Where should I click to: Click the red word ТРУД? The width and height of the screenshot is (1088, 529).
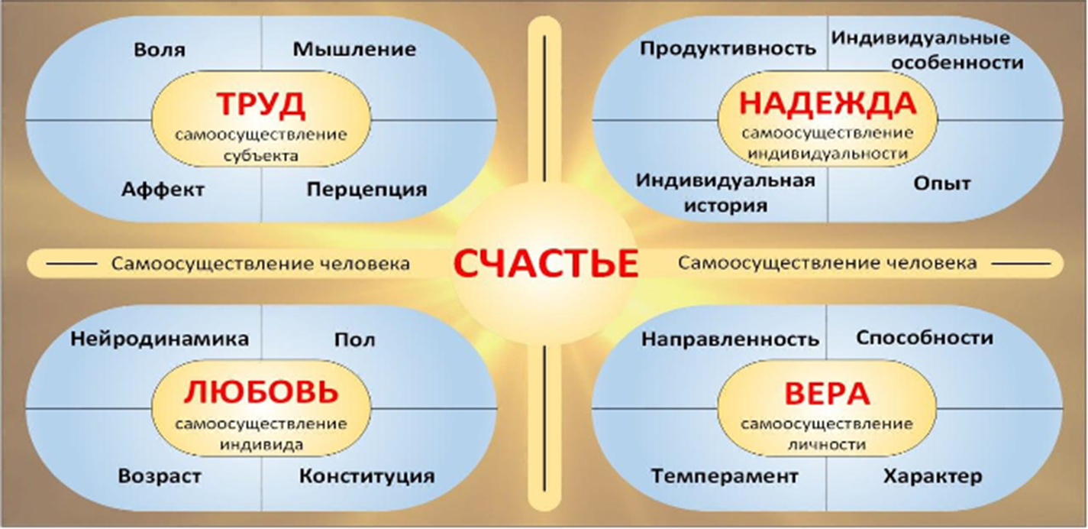click(x=261, y=105)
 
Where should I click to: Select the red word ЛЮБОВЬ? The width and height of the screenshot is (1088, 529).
click(x=261, y=392)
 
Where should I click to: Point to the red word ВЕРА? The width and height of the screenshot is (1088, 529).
click(x=827, y=394)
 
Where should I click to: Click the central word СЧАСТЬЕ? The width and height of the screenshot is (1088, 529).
click(x=545, y=264)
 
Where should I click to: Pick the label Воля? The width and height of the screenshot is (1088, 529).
click(x=160, y=50)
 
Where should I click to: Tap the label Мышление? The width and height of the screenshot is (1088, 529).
click(x=354, y=49)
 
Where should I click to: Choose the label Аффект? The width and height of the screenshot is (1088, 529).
click(x=163, y=189)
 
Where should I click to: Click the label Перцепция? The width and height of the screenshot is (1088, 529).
click(x=366, y=190)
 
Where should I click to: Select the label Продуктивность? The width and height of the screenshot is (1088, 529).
click(x=728, y=49)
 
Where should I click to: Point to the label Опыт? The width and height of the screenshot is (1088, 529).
click(x=942, y=183)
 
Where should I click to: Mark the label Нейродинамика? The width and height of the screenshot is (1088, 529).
click(x=160, y=339)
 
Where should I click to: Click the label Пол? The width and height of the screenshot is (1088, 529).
click(x=354, y=339)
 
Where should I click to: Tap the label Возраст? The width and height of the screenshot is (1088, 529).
click(x=160, y=476)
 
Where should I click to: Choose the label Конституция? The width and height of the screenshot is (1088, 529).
click(x=366, y=476)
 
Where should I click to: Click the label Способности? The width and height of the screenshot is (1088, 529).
click(x=925, y=338)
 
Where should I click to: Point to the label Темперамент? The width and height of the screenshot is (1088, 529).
click(x=725, y=476)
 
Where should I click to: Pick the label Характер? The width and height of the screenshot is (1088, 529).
click(x=932, y=476)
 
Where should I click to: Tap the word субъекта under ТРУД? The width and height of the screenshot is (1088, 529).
click(x=261, y=156)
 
